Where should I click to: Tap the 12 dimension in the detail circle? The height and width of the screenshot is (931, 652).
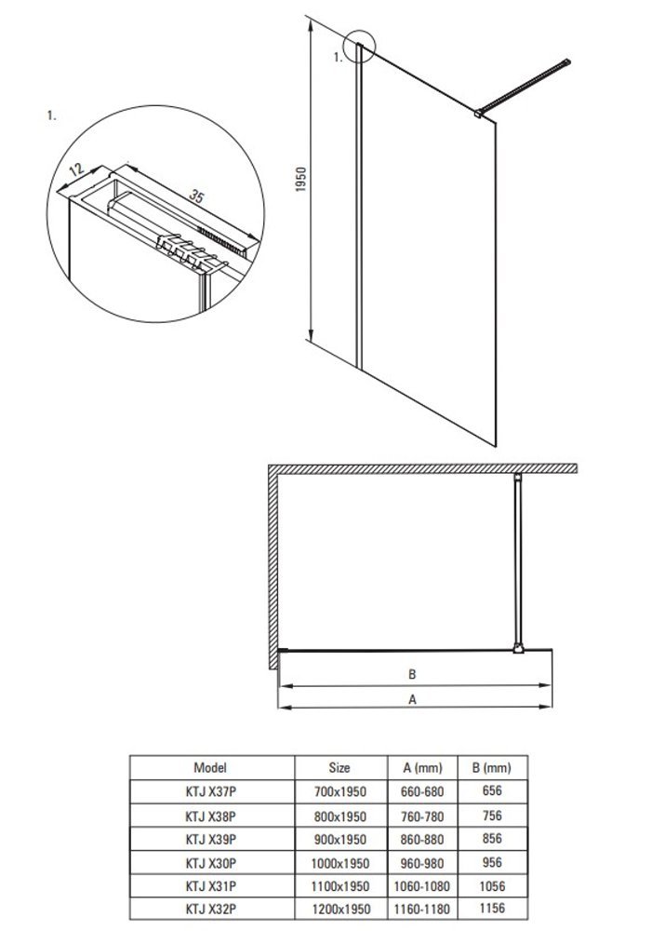pos(76,170)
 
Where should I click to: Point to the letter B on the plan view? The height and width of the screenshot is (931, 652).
pos(410,674)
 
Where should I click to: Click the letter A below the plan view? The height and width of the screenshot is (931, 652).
pos(410,704)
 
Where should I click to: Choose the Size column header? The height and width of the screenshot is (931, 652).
pos(339,768)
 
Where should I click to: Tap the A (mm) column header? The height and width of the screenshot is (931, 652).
pos(423,768)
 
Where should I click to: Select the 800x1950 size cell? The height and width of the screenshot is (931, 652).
pos(340,815)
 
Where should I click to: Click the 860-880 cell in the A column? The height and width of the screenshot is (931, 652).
pos(423,838)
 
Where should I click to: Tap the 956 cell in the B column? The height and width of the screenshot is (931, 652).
pos(493,861)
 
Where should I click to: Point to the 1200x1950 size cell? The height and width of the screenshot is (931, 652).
pos(340,908)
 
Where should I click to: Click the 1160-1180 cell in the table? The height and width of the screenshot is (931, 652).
pos(423,908)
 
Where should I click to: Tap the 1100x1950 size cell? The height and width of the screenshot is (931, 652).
pos(340,884)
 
